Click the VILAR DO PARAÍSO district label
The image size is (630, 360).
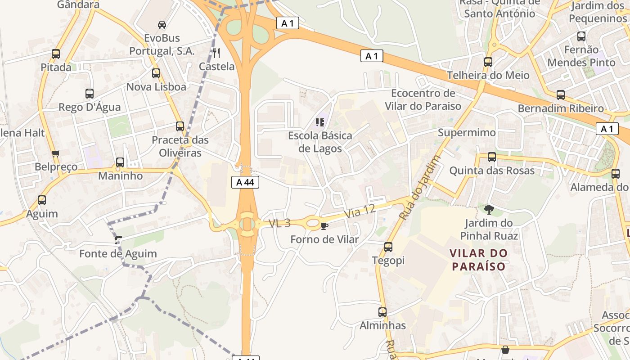tap(479, 260)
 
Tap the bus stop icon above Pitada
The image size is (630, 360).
tap(56, 54)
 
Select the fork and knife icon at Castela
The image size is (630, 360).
tap(216, 53)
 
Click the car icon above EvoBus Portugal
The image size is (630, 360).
tap(162, 24)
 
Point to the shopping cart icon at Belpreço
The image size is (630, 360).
tap(56, 154)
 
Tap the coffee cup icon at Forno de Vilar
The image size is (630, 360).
tap(324, 226)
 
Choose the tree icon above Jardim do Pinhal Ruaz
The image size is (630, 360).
tap(489, 209)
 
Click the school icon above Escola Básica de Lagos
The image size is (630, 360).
tap(320, 122)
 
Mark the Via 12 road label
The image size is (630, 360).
tap(360, 211)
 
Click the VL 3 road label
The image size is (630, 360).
tap(280, 223)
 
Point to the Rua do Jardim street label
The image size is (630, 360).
tap(419, 187)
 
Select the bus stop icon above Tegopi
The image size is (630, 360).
tap(388, 247)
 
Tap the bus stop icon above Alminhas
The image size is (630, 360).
tap(382, 312)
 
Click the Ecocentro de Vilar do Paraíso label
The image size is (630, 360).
tap(423, 99)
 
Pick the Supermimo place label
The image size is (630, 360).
tap(467, 133)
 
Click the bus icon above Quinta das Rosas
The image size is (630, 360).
tap(492, 157)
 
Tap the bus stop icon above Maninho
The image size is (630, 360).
tap(120, 162)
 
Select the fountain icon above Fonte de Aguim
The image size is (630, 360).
tap(118, 240)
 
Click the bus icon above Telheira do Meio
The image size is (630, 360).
tap(488, 62)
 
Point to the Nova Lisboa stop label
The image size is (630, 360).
tap(156, 87)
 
